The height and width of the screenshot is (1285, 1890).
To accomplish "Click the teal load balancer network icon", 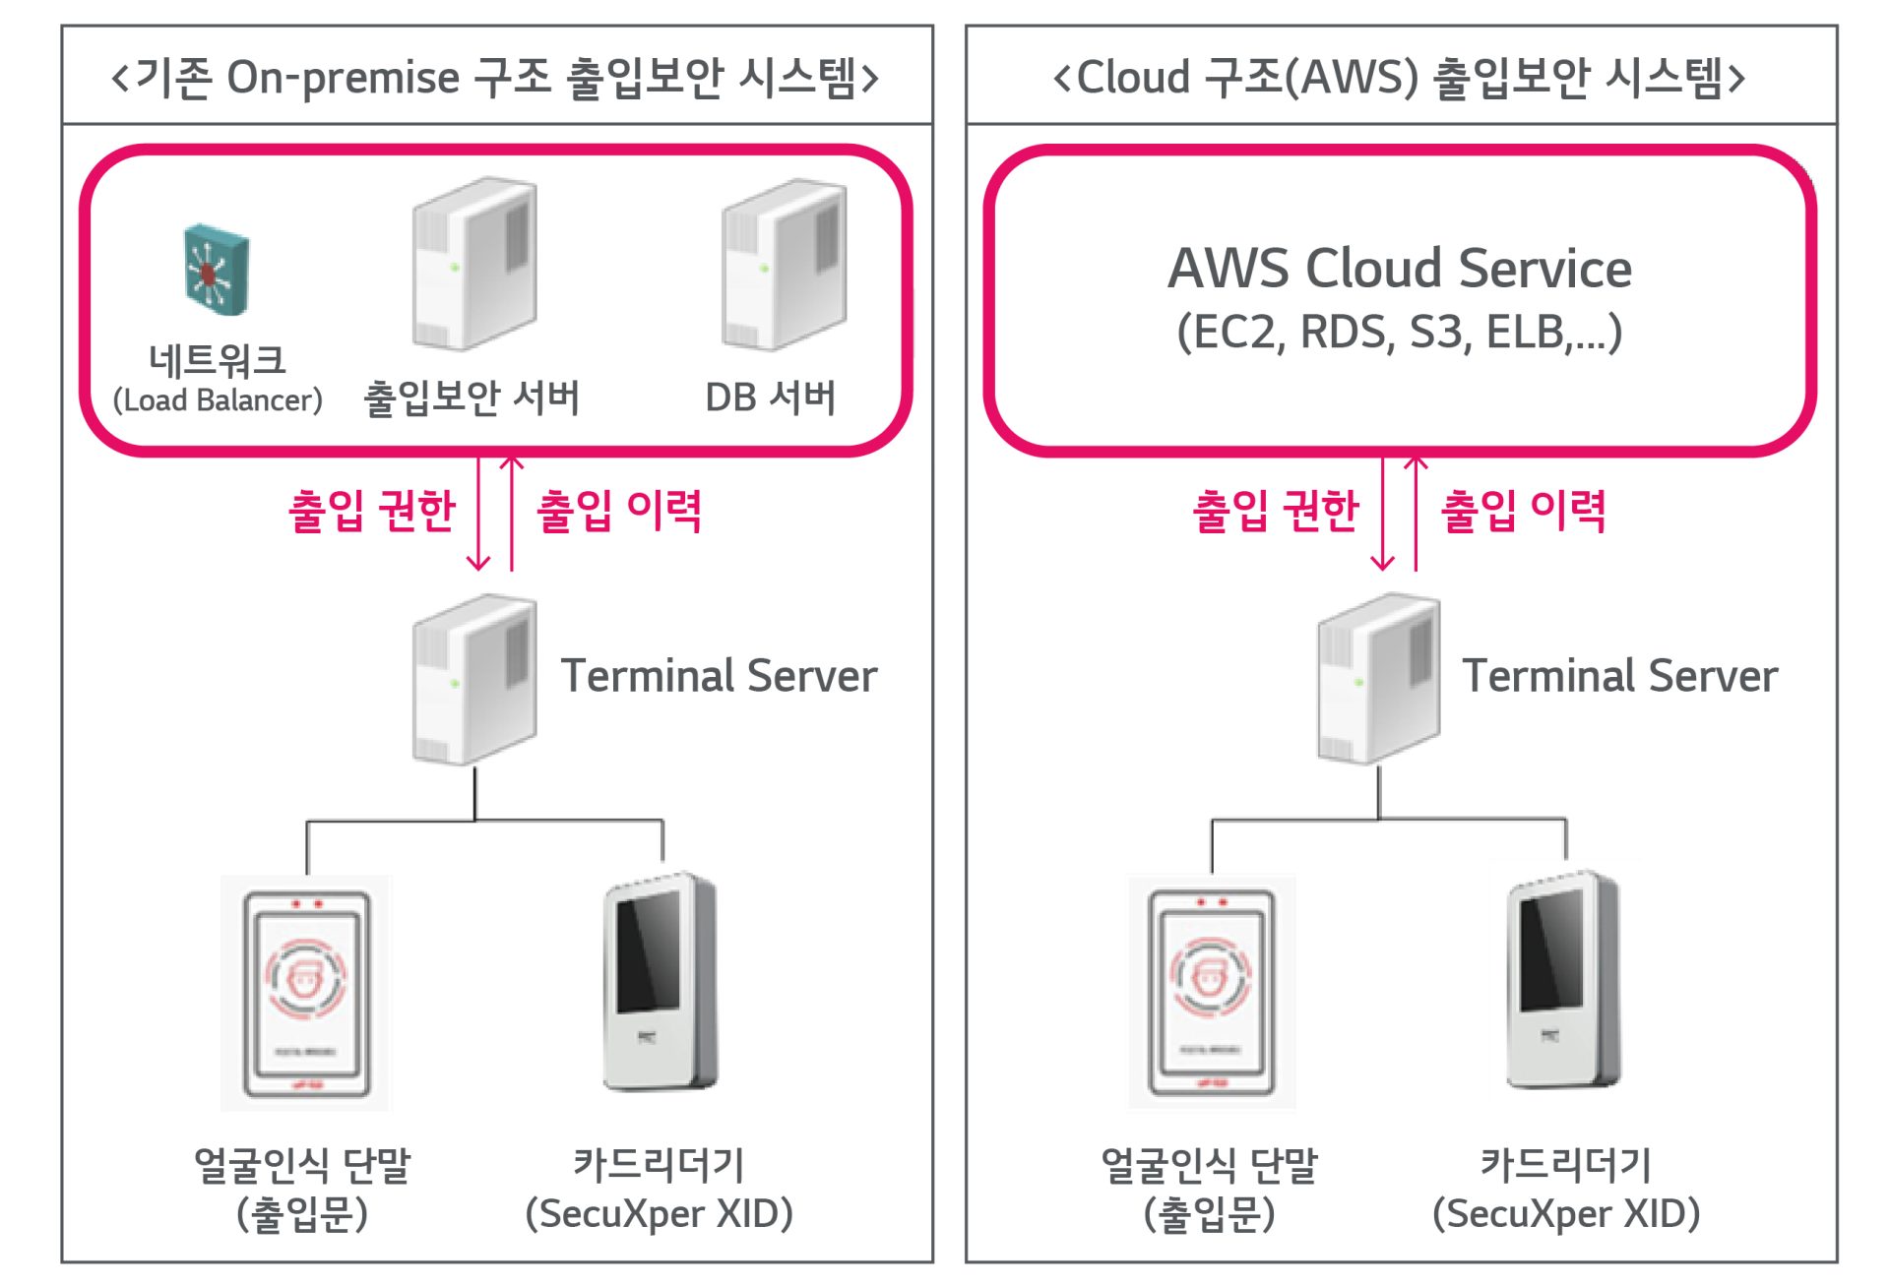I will click(217, 269).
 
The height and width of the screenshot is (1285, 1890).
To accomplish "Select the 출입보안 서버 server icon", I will click(474, 264).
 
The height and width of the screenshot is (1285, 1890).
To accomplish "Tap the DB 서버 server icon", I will click(785, 264).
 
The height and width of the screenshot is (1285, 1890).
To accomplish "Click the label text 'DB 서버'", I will click(771, 398).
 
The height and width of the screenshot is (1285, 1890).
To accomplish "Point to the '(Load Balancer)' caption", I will click(218, 400).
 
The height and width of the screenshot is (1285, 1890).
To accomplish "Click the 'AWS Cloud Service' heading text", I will click(1399, 269).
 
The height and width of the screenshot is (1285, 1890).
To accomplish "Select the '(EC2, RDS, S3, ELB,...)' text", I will click(1399, 333).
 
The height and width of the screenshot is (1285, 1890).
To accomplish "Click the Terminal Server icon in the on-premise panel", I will click(474, 679).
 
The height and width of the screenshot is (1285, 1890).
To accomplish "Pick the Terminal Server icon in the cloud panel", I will click(1378, 679).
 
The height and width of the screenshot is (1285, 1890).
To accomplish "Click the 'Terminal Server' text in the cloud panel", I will click(1619, 676).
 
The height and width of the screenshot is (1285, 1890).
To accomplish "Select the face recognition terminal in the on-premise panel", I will click(306, 994).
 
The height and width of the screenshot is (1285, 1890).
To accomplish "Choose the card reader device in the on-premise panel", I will click(661, 982).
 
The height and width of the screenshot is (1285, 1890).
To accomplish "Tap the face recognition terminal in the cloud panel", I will click(1212, 994).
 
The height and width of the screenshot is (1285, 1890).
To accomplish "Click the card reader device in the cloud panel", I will click(1564, 982).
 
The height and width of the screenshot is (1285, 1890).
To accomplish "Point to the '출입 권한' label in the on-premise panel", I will click(372, 511).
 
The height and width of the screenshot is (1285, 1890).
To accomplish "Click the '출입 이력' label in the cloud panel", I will click(1523, 511).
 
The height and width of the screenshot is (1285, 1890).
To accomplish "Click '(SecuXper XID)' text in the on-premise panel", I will click(659, 1213).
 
